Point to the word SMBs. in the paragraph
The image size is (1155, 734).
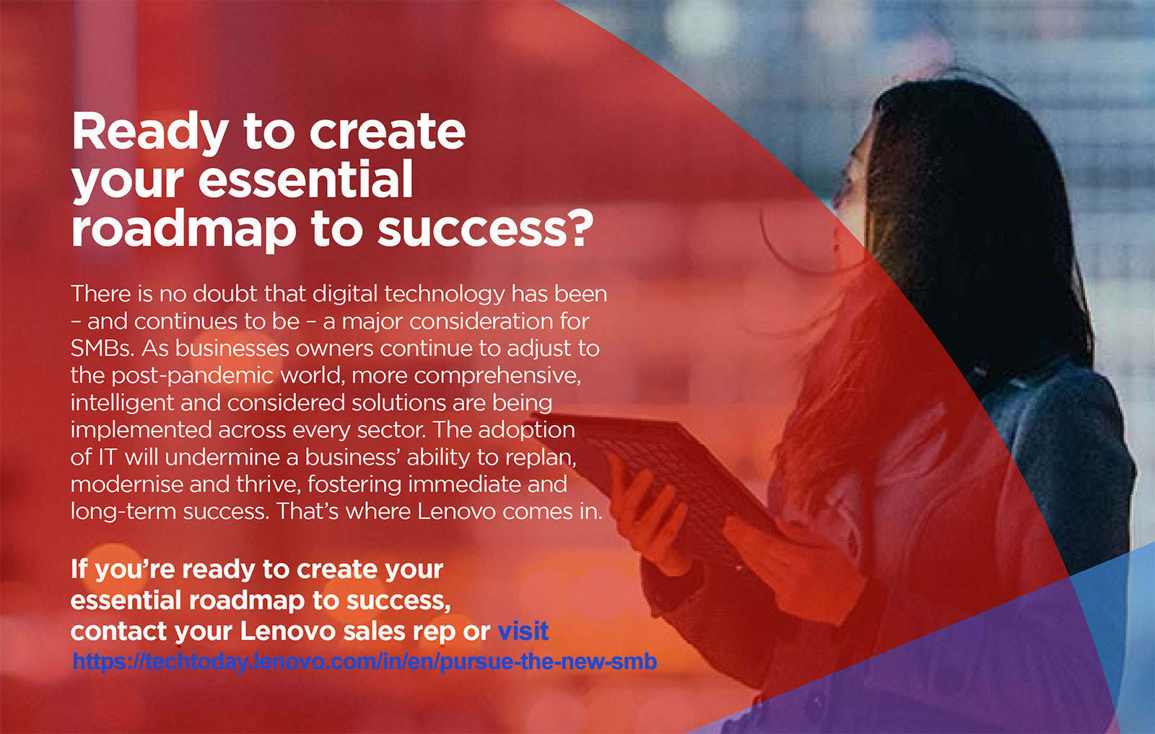[x=103, y=349]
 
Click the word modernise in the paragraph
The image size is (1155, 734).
[x=126, y=485]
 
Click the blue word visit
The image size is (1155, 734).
[x=523, y=631]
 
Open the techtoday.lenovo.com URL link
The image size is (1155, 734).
[x=365, y=661]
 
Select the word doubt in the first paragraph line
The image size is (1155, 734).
[x=225, y=293]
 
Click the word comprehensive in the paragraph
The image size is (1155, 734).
[x=497, y=376]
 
